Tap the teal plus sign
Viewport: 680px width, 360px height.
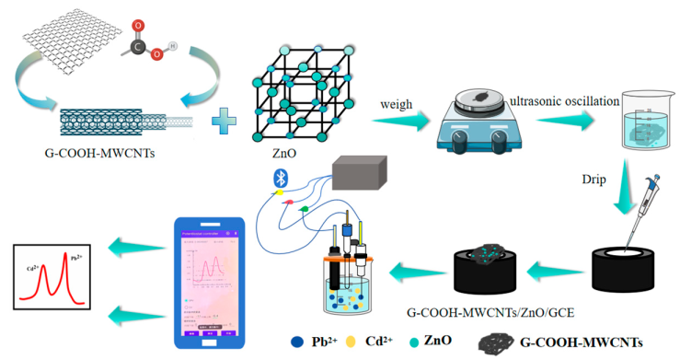click(219, 120)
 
